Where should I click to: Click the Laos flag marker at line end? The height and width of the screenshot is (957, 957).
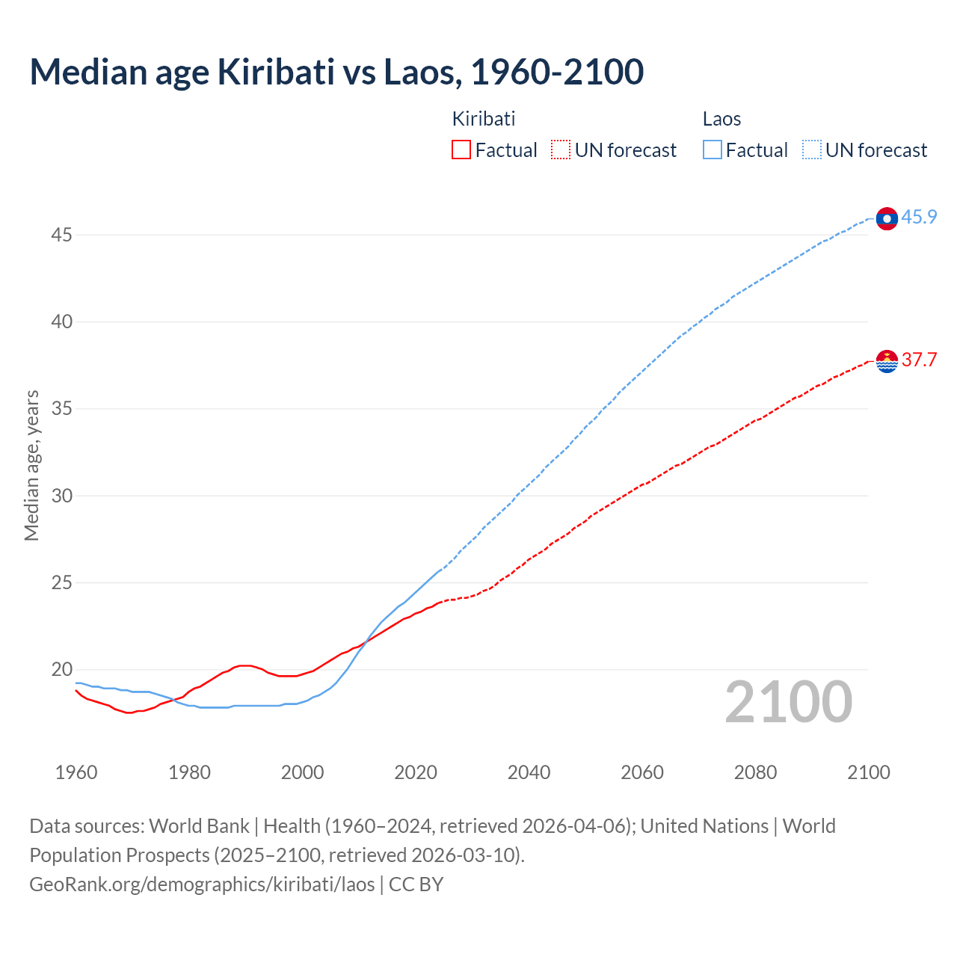(887, 218)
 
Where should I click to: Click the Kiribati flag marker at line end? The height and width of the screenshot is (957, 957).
(887, 361)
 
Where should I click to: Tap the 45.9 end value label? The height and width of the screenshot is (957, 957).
(919, 218)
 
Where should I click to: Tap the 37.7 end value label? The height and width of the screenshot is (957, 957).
(919, 360)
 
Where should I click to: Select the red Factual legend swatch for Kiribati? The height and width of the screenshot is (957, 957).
(461, 150)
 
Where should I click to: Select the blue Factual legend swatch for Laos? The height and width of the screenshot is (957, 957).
(713, 150)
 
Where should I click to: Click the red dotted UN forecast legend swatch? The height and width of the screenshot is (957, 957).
(561, 150)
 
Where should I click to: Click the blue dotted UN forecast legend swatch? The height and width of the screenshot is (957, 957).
(812, 150)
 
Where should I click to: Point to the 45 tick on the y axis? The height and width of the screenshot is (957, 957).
(61, 236)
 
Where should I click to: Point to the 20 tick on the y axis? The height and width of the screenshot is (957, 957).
(61, 670)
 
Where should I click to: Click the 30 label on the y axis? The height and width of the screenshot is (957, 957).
(61, 496)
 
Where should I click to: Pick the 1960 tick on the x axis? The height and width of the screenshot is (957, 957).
(76, 772)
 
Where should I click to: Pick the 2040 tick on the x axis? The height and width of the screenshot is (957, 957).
(529, 772)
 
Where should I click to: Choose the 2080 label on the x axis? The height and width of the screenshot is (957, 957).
(755, 772)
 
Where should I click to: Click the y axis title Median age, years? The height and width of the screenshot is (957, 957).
(31, 465)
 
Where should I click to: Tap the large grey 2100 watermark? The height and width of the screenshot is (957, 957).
(789, 702)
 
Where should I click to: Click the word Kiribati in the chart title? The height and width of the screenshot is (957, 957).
(276, 72)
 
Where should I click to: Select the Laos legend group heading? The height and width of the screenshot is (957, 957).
(721, 119)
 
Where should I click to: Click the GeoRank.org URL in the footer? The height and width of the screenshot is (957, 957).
(202, 884)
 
